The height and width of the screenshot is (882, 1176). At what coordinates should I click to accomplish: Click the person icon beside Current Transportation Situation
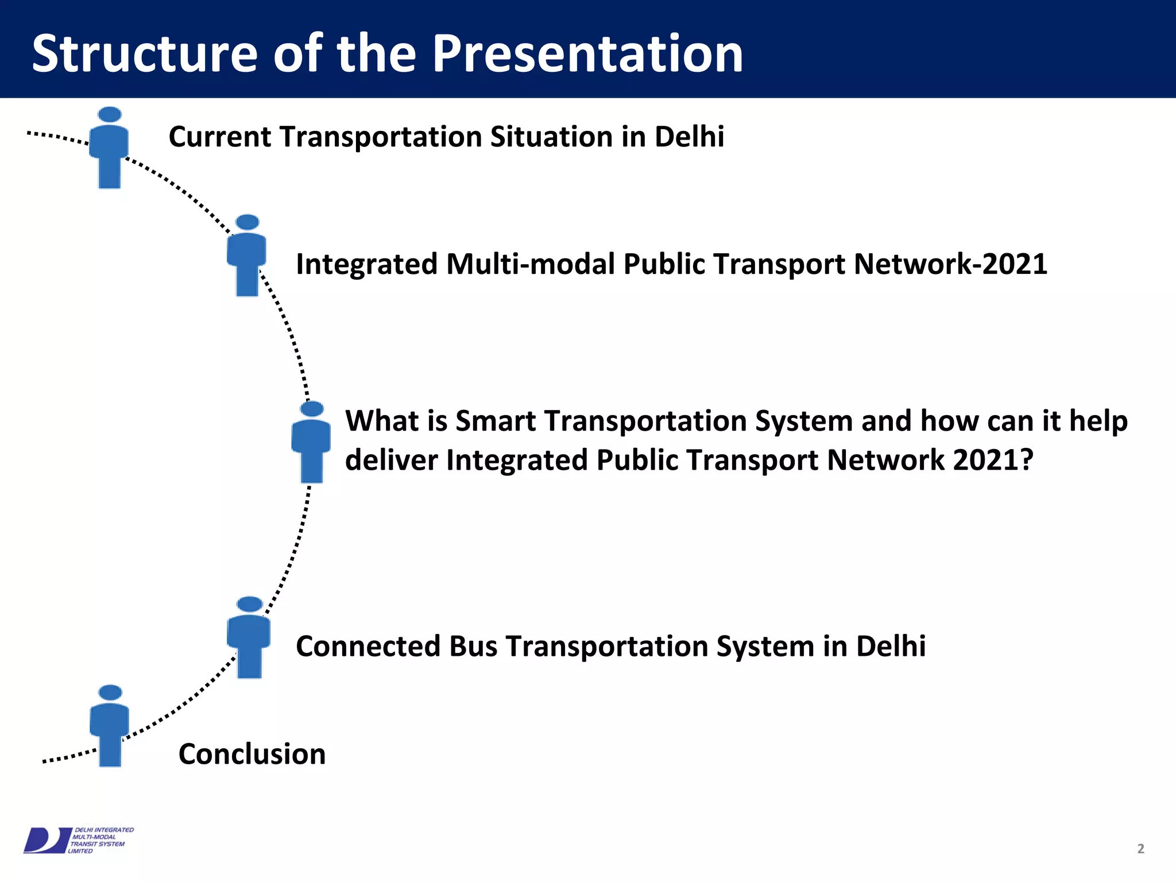coord(109,148)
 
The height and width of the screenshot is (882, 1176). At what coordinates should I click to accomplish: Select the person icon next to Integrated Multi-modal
coord(247,256)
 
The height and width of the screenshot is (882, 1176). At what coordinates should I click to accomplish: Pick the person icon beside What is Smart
coord(311,443)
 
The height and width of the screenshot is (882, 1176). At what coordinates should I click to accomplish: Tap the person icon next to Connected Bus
coord(249,638)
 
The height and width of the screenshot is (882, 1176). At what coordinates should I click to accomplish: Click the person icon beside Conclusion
coord(110,726)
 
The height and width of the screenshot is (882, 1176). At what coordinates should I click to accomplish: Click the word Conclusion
coord(252,754)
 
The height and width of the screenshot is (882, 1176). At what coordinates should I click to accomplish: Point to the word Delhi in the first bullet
coord(689,137)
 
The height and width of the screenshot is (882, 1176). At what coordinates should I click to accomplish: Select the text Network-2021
coord(950,264)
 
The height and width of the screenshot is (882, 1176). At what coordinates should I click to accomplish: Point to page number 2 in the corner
coord(1140,849)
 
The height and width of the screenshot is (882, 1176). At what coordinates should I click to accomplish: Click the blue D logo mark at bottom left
coord(46,840)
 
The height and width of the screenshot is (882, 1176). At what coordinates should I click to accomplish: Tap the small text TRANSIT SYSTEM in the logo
coord(98,844)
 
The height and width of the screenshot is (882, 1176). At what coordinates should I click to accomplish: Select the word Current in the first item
coord(220,137)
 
